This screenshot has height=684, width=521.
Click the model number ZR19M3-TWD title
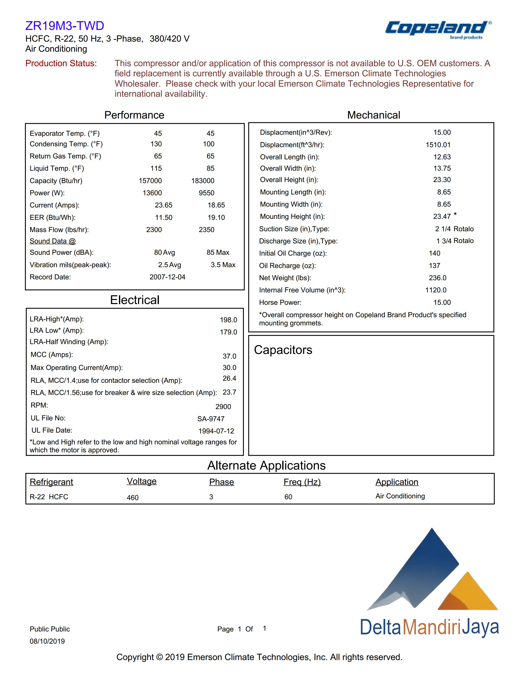(x=65, y=26)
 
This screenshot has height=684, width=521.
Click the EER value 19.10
(x=216, y=217)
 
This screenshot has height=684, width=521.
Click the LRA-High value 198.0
(x=228, y=320)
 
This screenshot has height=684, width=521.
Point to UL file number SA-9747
(x=211, y=419)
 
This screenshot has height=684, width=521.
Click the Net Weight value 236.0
(x=438, y=278)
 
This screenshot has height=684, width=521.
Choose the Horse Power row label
(x=280, y=302)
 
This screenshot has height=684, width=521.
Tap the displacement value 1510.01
(x=438, y=145)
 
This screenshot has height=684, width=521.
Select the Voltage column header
(x=142, y=481)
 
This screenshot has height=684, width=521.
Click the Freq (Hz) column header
(x=302, y=482)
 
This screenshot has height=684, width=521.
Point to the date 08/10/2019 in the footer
(x=47, y=641)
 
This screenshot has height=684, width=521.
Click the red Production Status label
(x=61, y=63)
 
